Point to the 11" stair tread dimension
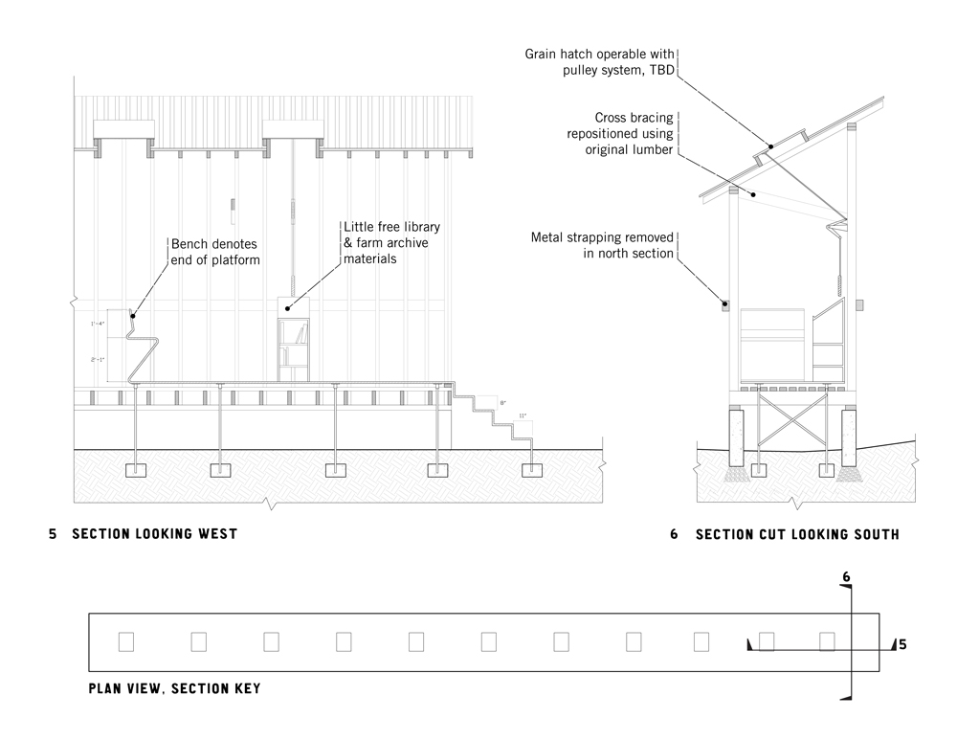(522, 416)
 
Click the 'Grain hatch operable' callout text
(600, 62)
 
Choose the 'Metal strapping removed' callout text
(604, 244)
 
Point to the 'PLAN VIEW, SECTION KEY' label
(173, 687)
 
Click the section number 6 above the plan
(846, 577)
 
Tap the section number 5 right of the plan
(901, 644)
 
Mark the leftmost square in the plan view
(125, 641)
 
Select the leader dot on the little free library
(290, 307)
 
